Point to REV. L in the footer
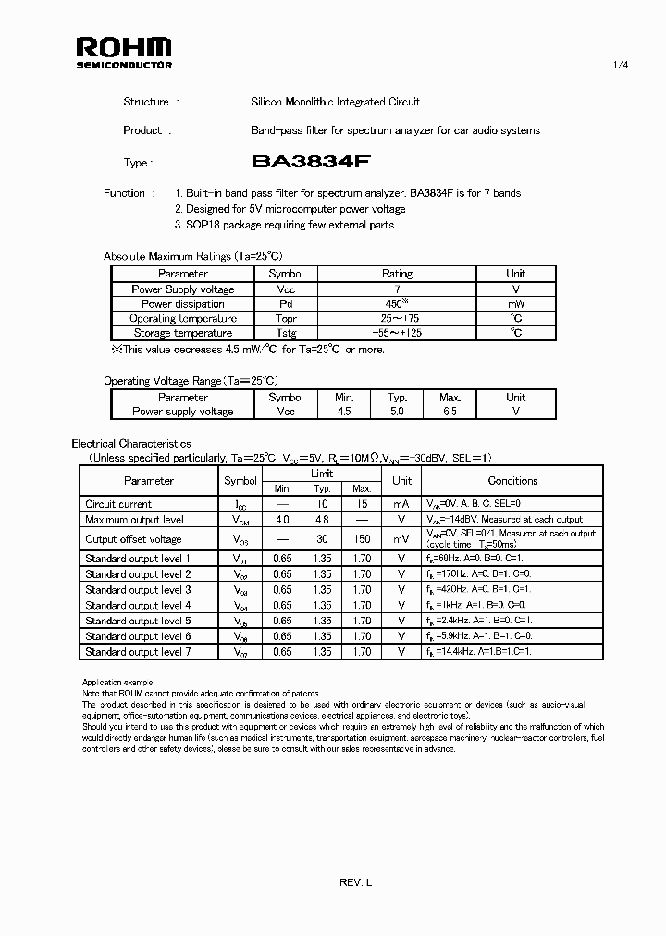[355, 884]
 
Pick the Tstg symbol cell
[285, 333]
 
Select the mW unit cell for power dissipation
[516, 303]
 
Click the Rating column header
[397, 274]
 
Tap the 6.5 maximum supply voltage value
[450, 412]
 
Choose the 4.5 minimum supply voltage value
[344, 412]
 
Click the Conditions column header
[512, 481]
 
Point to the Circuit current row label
[118, 504]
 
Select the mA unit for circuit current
[401, 504]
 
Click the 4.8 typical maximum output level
[322, 520]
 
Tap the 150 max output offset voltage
[362, 539]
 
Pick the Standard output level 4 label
[138, 605]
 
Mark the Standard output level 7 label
[138, 652]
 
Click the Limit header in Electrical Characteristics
[323, 474]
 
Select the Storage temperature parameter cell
[182, 333]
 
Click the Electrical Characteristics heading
[131, 444]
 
